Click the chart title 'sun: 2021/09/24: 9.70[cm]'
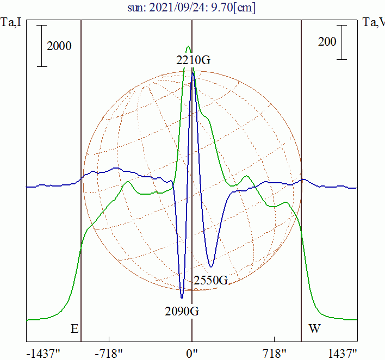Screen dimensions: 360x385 tap(192, 8)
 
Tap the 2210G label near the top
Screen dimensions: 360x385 tap(192, 60)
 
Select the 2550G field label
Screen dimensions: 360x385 tap(210, 281)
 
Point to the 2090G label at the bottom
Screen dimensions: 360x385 tap(182, 312)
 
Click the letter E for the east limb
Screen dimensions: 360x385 tap(74, 329)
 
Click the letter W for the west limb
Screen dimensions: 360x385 tap(314, 329)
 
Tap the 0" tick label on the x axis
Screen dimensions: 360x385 tap(192, 353)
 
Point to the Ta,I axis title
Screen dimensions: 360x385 tap(11, 22)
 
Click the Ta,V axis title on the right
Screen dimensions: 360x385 tap(374, 22)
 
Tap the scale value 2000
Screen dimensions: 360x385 tap(59, 46)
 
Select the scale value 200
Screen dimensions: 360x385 tap(327, 42)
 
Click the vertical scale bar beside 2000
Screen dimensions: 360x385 tap(42, 46)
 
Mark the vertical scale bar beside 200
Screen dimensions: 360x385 tap(341, 42)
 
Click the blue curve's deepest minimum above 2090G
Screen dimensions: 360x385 tap(182, 297)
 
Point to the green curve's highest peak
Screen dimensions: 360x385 tap(188, 47)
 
